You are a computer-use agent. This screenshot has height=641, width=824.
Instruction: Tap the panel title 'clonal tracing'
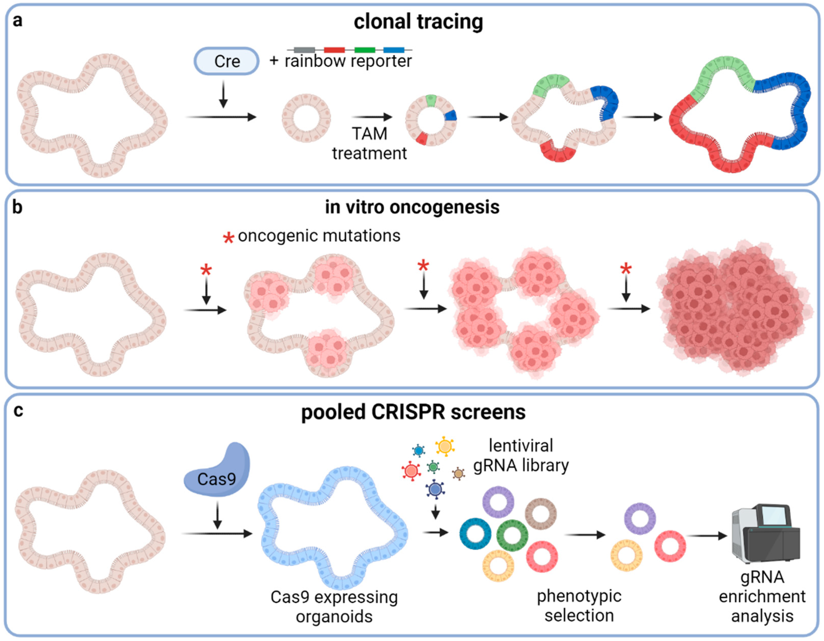pos(418,22)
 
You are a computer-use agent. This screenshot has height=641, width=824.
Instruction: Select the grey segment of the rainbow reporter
pos(304,50)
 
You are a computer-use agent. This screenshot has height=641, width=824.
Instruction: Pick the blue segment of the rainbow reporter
pos(393,50)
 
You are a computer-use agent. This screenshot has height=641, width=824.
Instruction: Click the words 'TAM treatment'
pos(369,144)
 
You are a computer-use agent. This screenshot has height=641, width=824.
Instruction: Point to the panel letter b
pos(17,207)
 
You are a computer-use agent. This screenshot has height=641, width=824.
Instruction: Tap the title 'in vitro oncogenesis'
pos(412,207)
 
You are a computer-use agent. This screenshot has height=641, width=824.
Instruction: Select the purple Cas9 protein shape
pos(217,471)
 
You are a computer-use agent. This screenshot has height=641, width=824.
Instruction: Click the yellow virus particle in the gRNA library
pos(445,446)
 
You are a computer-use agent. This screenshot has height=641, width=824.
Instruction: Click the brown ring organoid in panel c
pos(541,514)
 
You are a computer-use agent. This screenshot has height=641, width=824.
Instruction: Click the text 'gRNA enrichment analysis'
pos(762,597)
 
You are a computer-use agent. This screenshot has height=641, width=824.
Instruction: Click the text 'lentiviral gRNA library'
pos(521,455)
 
